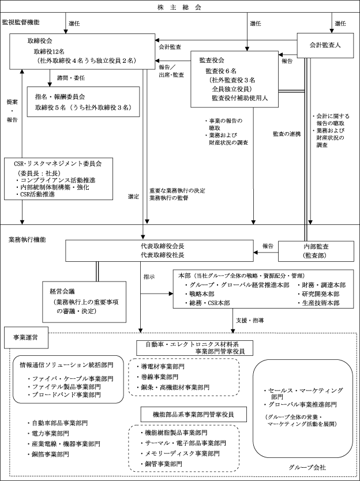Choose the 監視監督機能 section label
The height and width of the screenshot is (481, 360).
pyautogui.click(x=21, y=22)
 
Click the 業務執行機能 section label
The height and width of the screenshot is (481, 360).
pyautogui.click(x=27, y=239)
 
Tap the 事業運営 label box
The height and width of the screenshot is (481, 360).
pyautogui.click(x=25, y=336)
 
